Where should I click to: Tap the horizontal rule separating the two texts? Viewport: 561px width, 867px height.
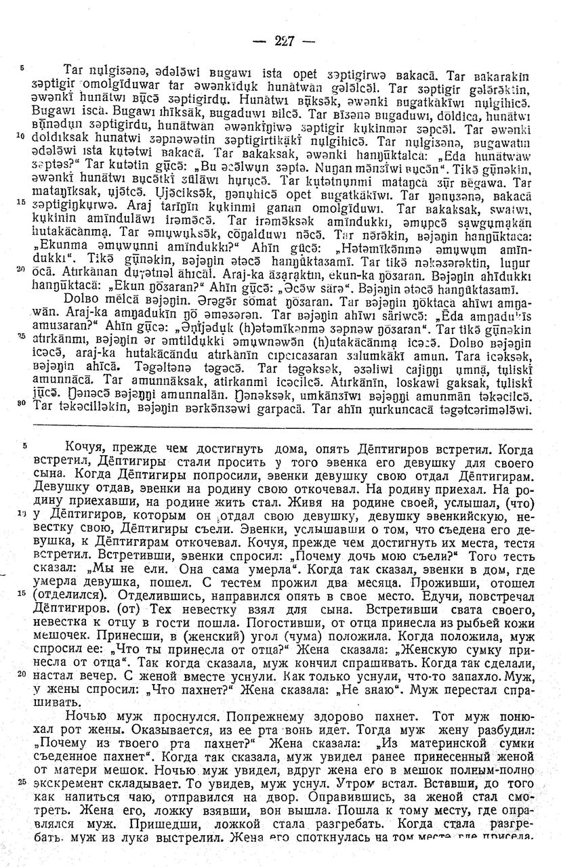pos(281,429)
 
